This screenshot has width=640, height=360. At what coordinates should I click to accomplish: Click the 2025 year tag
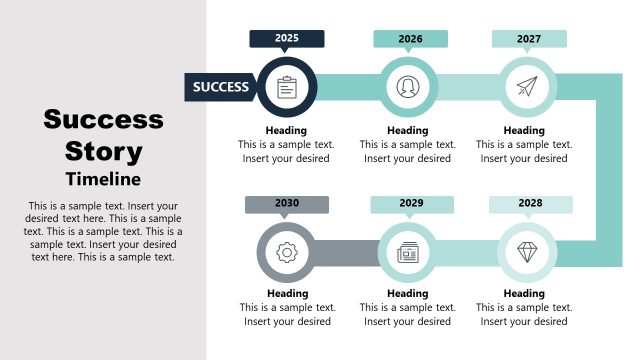click(287, 38)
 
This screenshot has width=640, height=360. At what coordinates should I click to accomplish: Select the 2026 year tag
click(410, 39)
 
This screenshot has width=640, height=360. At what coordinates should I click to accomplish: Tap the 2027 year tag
click(529, 39)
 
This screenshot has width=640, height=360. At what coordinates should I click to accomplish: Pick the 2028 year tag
click(530, 204)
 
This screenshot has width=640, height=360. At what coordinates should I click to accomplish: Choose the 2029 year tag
click(411, 204)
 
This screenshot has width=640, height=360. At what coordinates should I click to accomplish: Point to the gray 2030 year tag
click(286, 204)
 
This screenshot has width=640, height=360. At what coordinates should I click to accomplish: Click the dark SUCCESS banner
click(221, 87)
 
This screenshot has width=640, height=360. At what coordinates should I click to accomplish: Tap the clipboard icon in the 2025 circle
click(287, 87)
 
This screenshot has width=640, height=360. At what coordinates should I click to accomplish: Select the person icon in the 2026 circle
click(408, 87)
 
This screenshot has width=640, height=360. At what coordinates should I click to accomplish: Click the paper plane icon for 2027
click(527, 87)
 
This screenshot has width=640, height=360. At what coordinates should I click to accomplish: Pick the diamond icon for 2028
click(527, 252)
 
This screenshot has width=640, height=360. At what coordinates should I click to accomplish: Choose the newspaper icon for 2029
click(408, 252)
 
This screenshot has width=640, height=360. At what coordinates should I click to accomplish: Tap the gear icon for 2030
click(287, 252)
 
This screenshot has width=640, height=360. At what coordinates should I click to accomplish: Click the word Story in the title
click(103, 153)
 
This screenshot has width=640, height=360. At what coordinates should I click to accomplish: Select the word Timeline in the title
click(103, 180)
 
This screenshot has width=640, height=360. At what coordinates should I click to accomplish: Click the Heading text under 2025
click(286, 130)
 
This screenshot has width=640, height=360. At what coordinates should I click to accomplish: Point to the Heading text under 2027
click(524, 130)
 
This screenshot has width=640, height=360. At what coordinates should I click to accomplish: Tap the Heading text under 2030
click(287, 294)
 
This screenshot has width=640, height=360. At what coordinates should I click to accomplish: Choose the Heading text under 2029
click(408, 294)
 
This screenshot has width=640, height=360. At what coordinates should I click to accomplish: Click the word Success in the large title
click(103, 121)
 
